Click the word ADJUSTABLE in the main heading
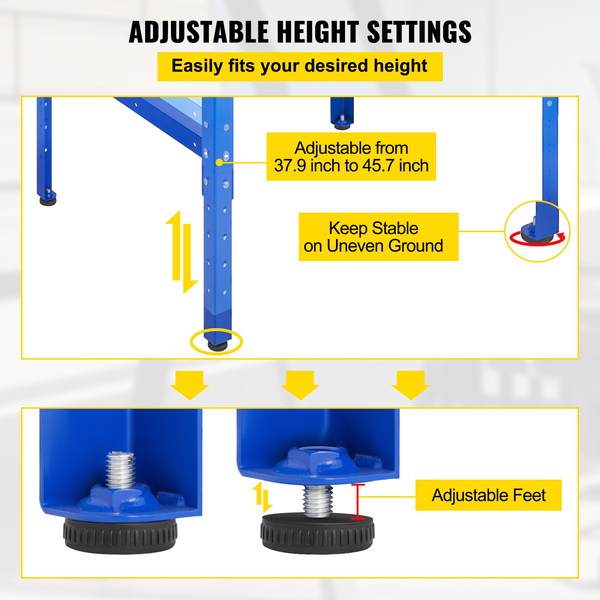199,32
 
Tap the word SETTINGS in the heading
419,32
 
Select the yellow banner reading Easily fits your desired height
300,66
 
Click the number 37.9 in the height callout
289,166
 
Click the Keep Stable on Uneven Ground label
378,237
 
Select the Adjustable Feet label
488,495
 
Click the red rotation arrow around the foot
537,240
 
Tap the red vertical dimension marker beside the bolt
358,502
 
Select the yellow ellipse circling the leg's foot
216,342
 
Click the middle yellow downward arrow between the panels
300,385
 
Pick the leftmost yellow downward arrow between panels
189,385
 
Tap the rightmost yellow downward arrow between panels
411,385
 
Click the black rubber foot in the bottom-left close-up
120,535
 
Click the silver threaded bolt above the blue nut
120,469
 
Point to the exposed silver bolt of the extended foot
318,501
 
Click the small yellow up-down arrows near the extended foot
262,497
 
